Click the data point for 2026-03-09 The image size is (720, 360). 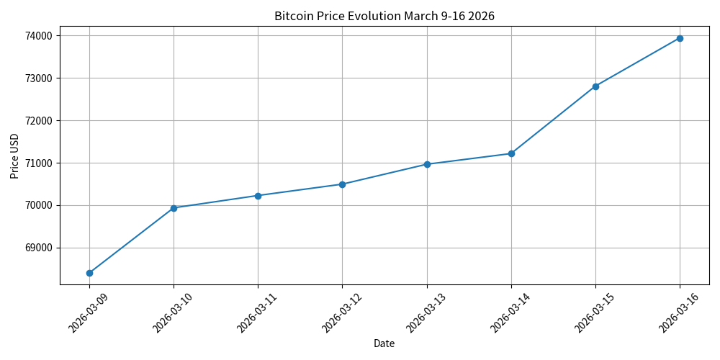pyautogui.click(x=89, y=273)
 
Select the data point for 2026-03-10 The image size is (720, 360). pyautogui.click(x=174, y=208)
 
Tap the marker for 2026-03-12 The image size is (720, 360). pyautogui.click(x=342, y=184)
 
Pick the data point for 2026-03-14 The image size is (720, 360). pyautogui.click(x=511, y=153)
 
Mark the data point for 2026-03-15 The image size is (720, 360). pyautogui.click(x=595, y=86)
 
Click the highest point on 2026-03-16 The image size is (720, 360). pyautogui.click(x=680, y=38)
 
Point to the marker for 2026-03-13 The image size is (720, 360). pyautogui.click(x=427, y=164)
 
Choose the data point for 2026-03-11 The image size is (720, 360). pyautogui.click(x=258, y=196)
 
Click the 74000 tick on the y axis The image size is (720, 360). pyautogui.click(x=38, y=35)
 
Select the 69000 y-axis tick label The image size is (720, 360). pyautogui.click(x=38, y=248)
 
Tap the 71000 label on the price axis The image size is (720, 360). pyautogui.click(x=38, y=163)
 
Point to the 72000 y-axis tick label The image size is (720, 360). pyautogui.click(x=38, y=120)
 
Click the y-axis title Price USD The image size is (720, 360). pyautogui.click(x=14, y=156)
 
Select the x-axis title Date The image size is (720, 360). pyautogui.click(x=384, y=344)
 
